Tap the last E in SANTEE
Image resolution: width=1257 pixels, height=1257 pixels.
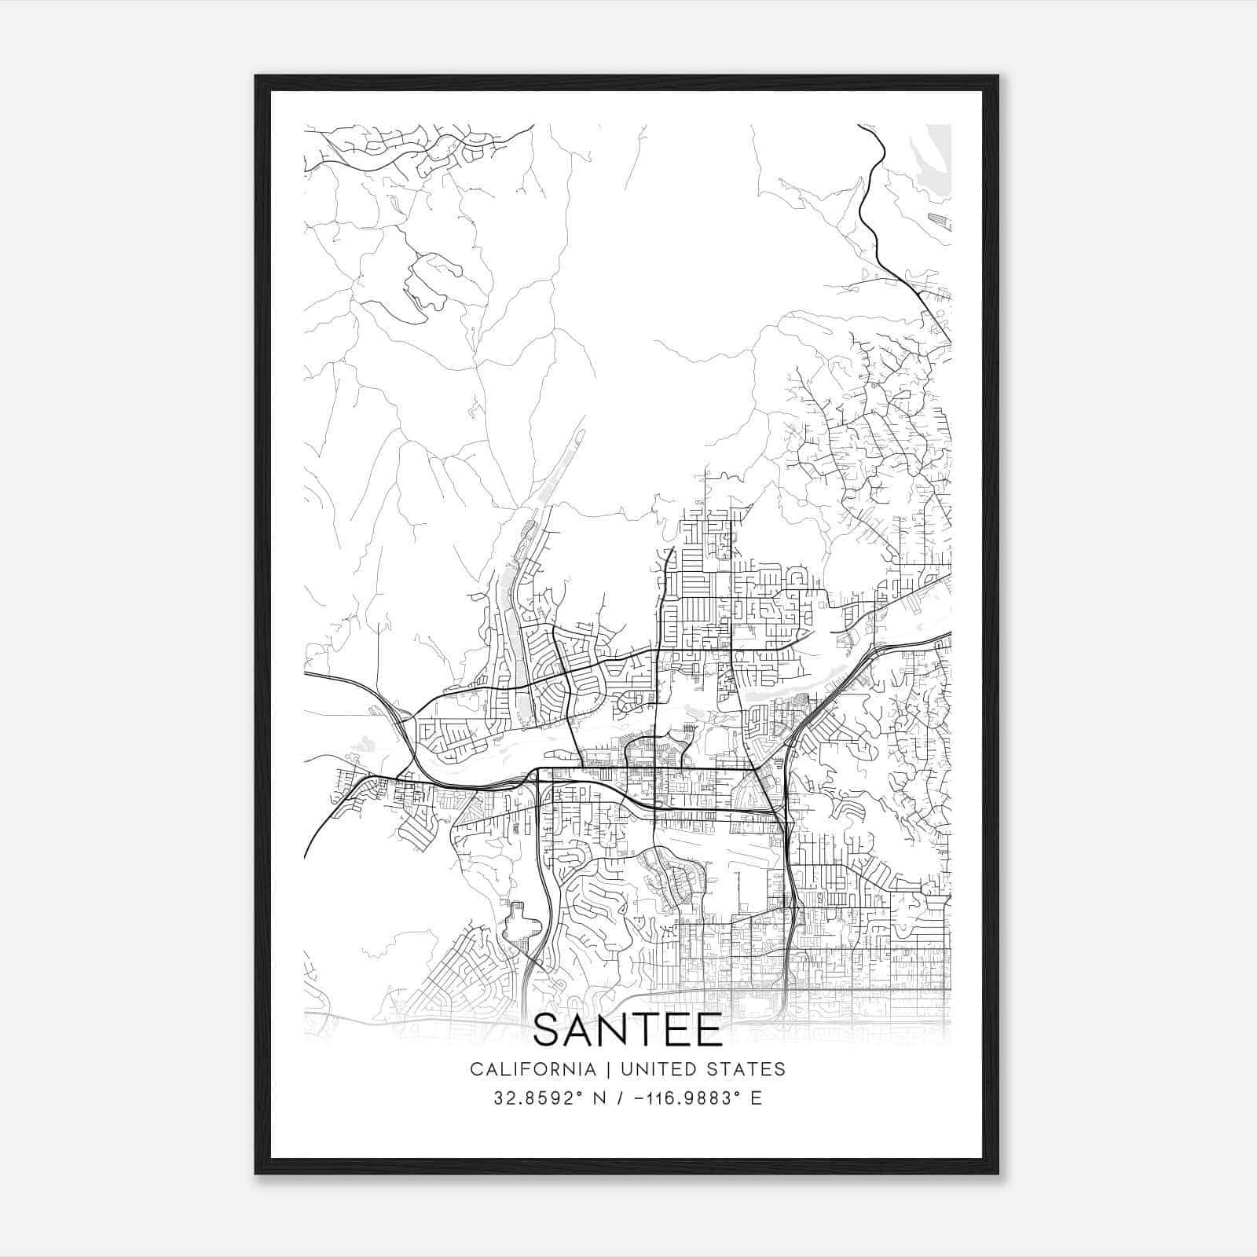pyautogui.click(x=709, y=1031)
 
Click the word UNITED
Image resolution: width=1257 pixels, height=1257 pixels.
pyautogui.click(x=649, y=1069)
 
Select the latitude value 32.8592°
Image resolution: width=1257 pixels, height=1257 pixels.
pyautogui.click(x=531, y=1098)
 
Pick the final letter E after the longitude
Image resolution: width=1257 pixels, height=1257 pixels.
pyautogui.click(x=757, y=1098)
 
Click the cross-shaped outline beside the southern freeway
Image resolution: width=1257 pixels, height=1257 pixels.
pyautogui.click(x=519, y=923)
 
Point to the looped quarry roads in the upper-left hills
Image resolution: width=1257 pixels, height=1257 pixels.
pyautogui.click(x=428, y=283)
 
